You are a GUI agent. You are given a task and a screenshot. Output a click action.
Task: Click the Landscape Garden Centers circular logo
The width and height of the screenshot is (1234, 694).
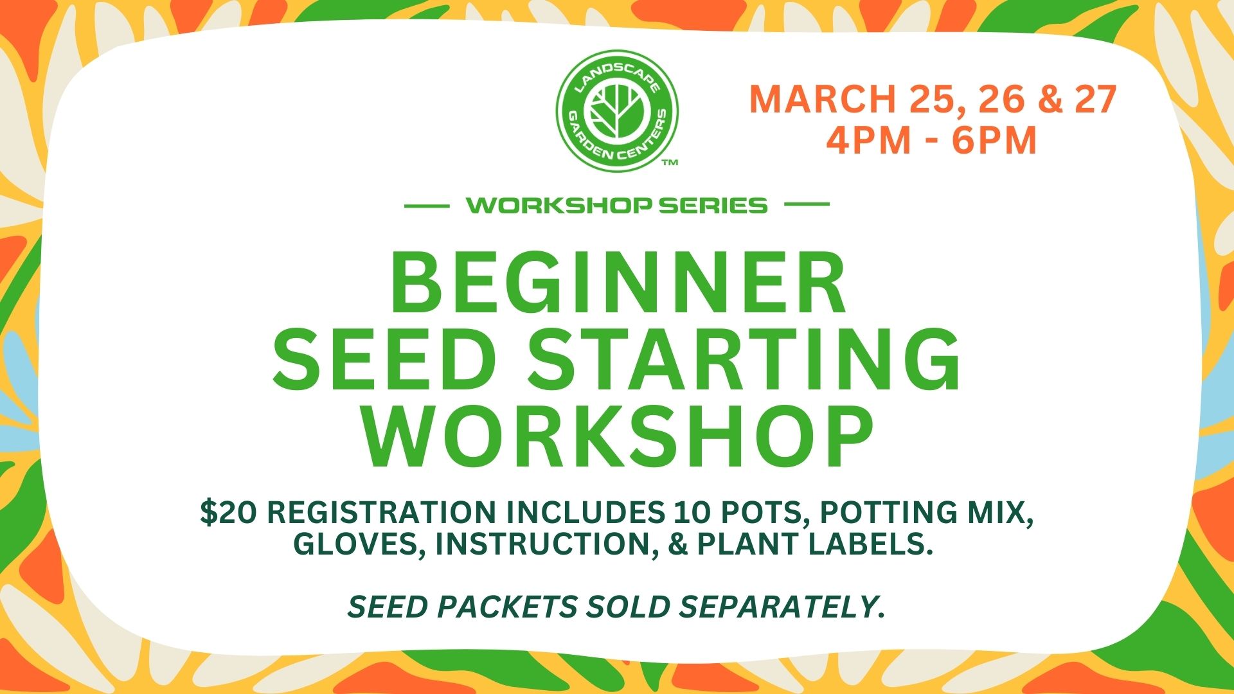617,111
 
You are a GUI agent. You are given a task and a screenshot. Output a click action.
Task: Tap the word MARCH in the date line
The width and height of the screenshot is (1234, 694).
822,100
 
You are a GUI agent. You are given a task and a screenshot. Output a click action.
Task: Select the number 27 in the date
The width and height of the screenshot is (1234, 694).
1096,100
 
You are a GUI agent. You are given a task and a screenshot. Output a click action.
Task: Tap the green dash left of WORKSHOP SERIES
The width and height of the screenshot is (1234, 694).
426,206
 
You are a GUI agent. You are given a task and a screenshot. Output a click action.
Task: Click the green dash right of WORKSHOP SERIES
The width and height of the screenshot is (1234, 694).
807,206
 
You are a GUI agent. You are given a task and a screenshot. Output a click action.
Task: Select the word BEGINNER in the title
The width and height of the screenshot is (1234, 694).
618,283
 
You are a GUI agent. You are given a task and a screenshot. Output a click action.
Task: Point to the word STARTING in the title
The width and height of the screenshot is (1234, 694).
744,359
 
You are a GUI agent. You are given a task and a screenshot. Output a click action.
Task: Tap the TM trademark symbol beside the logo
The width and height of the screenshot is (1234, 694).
670,163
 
